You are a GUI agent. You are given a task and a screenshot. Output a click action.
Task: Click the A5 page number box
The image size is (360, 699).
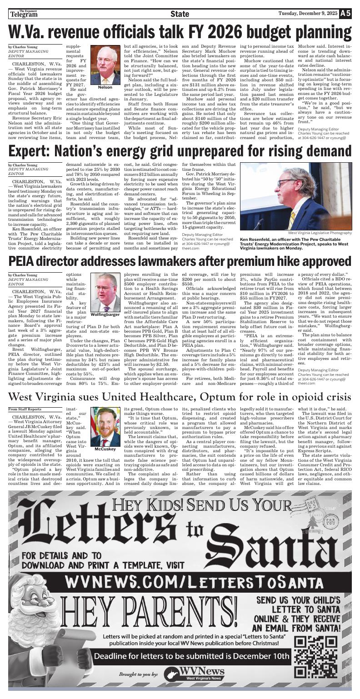[345, 14]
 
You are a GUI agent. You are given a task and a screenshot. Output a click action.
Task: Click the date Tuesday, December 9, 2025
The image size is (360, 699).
[308, 14]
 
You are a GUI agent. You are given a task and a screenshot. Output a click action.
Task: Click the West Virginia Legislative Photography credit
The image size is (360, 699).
[320, 233]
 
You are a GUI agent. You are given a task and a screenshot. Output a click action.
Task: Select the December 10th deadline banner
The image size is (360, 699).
[191, 656]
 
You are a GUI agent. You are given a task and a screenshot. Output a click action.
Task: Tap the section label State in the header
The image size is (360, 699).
[180, 14]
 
